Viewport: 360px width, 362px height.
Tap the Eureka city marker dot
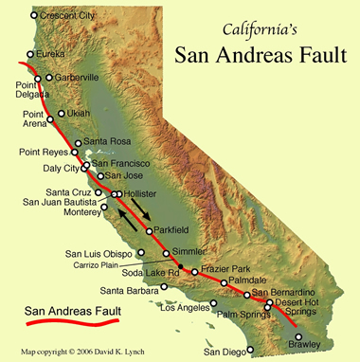pyautogui.click(x=30, y=54)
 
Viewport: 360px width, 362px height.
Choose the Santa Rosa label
pyautogui.click(x=107, y=142)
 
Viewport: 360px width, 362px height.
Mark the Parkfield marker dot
pyautogui.click(x=149, y=230)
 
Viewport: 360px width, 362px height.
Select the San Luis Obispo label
pyautogui.click(x=99, y=253)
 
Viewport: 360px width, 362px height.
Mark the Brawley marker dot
pyautogui.click(x=299, y=336)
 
